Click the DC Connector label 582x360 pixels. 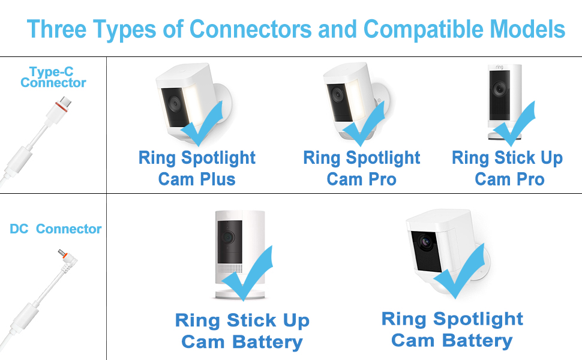56,229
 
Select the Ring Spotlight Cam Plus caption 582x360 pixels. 197,168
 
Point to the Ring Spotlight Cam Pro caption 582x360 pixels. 362,168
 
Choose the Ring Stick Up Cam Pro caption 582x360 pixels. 508,168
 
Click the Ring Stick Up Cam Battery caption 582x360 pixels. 242,331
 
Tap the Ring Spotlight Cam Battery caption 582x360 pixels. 452,329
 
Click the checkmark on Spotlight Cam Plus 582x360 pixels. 204,123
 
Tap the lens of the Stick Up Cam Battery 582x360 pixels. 228,236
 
